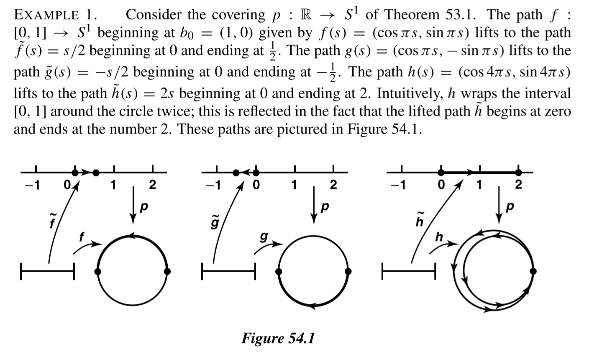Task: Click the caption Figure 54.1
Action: click(x=277, y=337)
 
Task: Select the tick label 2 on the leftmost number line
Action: click(x=152, y=184)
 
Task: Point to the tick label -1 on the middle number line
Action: click(x=213, y=184)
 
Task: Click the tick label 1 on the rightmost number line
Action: click(x=479, y=184)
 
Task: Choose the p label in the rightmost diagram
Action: click(x=509, y=206)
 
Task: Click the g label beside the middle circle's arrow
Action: click(x=264, y=237)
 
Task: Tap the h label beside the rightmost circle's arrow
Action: click(x=439, y=237)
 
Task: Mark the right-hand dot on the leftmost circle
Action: click(x=167, y=271)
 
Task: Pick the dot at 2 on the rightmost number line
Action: click(x=519, y=172)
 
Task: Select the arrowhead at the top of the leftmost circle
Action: click(x=133, y=236)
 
